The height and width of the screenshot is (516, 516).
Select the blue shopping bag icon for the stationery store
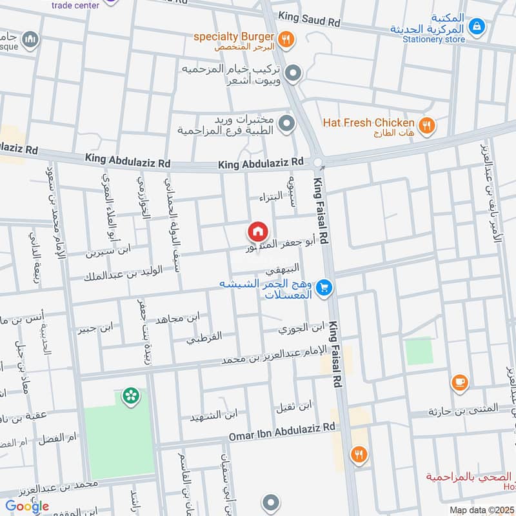[476, 26]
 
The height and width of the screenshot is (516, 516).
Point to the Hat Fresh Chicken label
[368, 123]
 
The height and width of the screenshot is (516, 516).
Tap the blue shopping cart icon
[325, 288]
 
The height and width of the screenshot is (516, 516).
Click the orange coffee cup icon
[459, 383]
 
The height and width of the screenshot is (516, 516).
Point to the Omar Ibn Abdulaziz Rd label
[283, 433]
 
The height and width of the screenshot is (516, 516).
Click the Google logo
[27, 506]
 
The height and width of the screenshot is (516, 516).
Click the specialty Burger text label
[234, 36]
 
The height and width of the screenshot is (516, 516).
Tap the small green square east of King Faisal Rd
[417, 351]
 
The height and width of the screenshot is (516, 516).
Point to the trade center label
[76, 5]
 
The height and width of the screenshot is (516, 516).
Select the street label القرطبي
[204, 337]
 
